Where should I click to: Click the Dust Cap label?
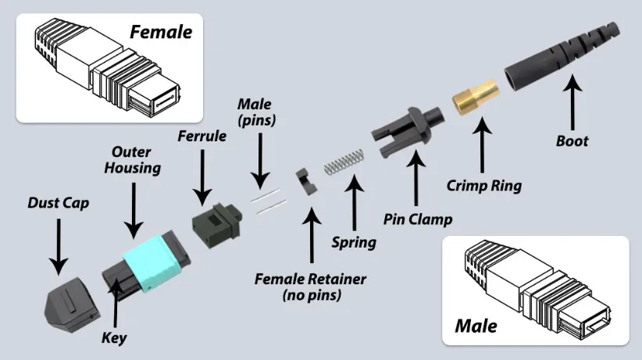58,203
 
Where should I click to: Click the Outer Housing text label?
136,160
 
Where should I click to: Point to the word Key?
114,338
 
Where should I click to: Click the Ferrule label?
202,136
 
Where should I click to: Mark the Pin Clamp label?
417,219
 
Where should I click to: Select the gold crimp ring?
471,98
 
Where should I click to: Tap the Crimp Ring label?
484,187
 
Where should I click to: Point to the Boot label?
572,142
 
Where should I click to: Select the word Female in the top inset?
161,32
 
